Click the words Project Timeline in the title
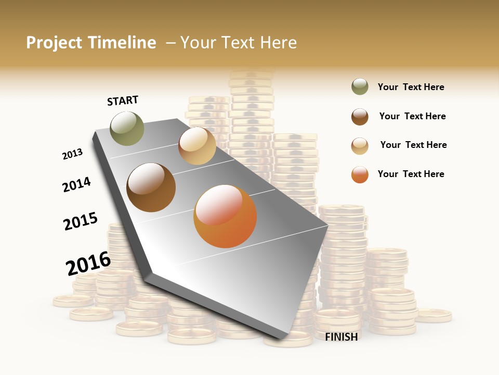pos(91,43)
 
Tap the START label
pos(123,101)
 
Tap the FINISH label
pos(342,337)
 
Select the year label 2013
pos(72,154)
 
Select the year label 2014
pos(76,184)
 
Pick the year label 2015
pos(81,221)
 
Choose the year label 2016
pos(88,264)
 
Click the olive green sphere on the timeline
pos(127,128)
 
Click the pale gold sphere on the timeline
pos(197,146)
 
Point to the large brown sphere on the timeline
pos(151,187)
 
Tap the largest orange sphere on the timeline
pos(225,216)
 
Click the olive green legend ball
pos(360,87)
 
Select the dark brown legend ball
pos(360,117)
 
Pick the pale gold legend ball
pos(360,146)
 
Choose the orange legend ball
pos(360,174)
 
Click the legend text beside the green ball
pos(411,87)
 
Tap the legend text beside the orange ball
pos(411,174)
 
